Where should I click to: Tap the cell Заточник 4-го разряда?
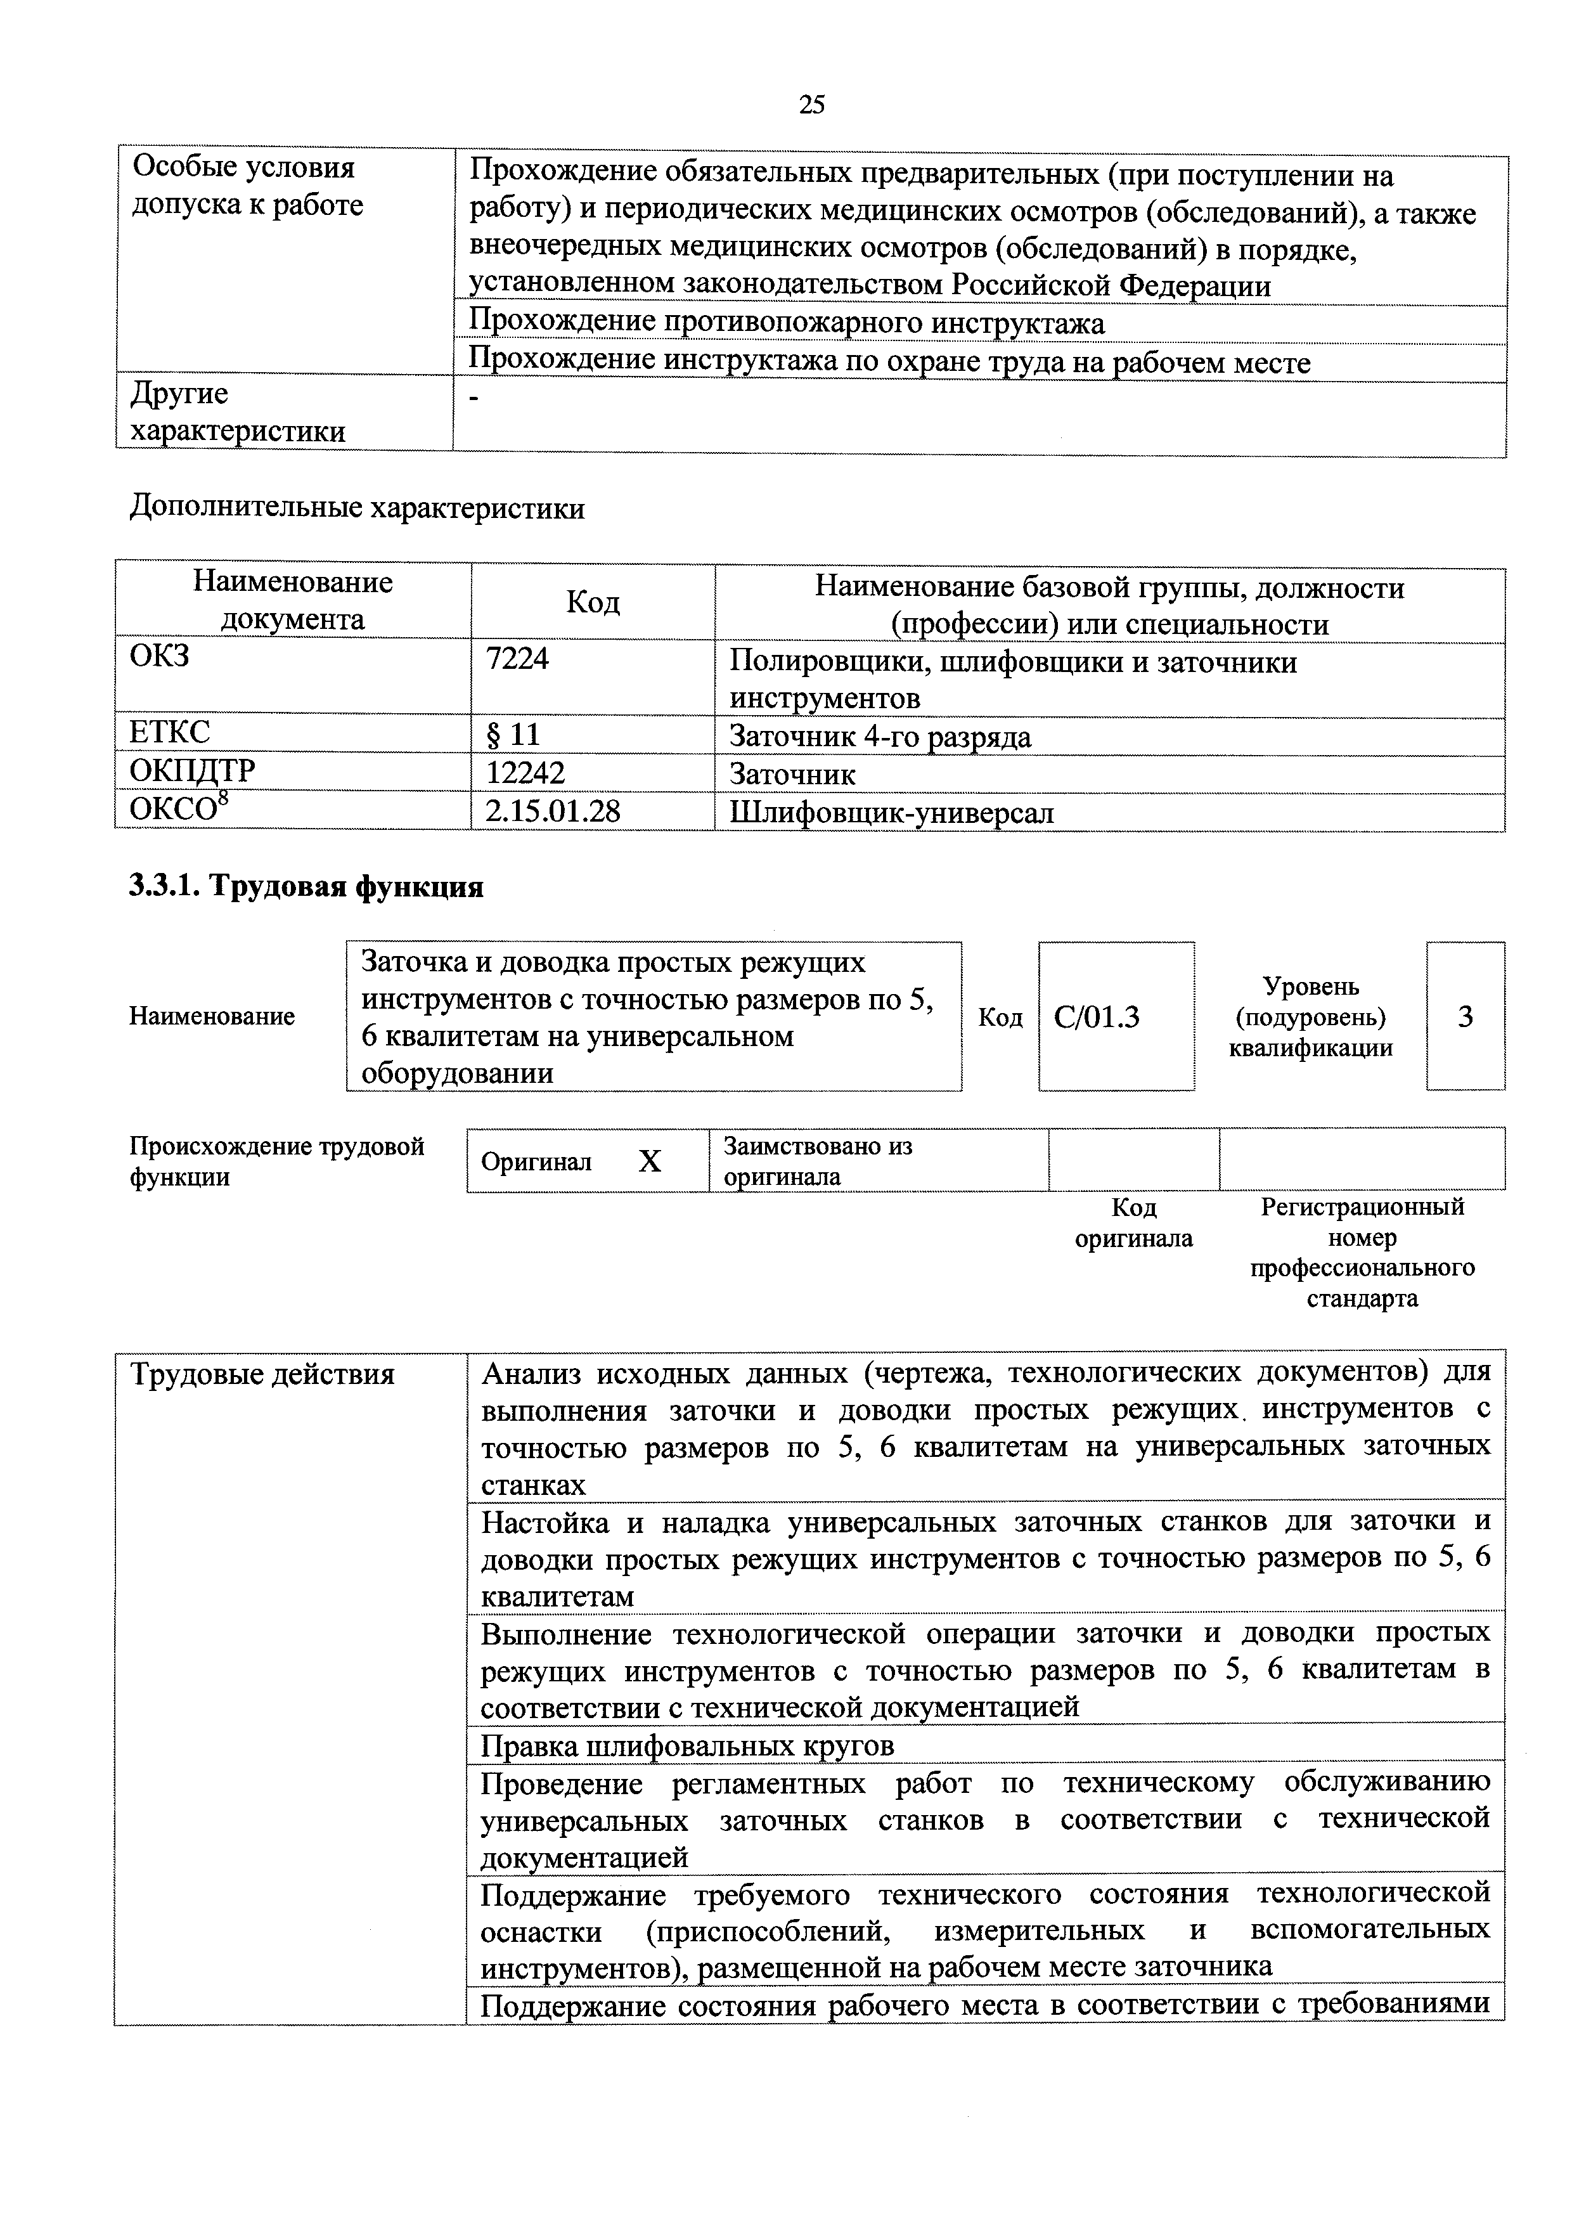(879, 737)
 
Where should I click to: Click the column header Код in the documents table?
(592, 602)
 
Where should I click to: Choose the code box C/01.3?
(1097, 1017)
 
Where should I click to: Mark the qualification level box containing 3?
(1466, 1017)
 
